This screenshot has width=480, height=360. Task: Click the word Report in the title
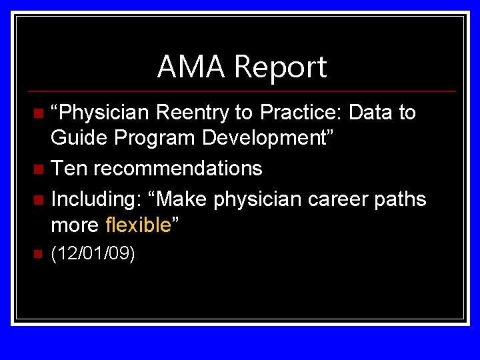[x=280, y=67]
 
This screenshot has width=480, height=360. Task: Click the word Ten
[x=69, y=168]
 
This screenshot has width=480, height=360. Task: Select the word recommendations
[x=177, y=168]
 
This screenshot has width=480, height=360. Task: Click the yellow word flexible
[x=139, y=225]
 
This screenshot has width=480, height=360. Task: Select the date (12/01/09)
[x=93, y=254]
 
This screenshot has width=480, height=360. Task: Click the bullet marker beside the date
[x=38, y=253]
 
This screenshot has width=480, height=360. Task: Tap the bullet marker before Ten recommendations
[x=38, y=169]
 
